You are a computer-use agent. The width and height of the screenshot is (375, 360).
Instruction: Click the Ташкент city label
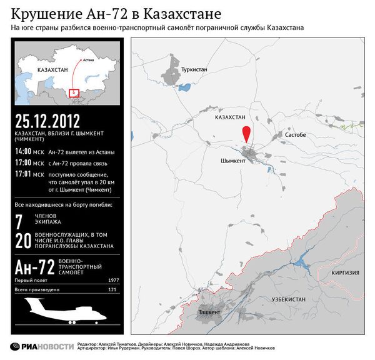click(x=209, y=311)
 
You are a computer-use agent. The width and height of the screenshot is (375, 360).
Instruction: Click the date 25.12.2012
click(x=49, y=121)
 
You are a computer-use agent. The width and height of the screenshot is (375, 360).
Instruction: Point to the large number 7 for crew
click(x=20, y=221)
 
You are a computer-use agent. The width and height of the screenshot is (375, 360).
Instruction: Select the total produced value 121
click(x=114, y=291)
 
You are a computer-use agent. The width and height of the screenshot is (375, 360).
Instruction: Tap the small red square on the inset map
click(x=74, y=93)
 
